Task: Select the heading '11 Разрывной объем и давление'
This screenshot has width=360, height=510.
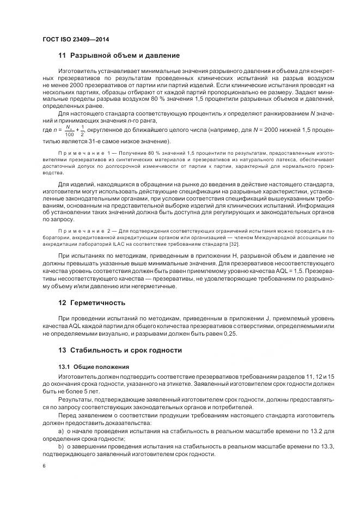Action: (119, 56)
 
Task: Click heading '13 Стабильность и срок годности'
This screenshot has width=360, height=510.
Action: (120, 350)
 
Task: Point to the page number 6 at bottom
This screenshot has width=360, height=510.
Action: (44, 466)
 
